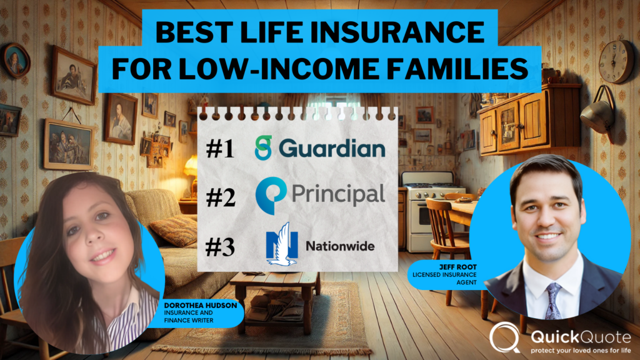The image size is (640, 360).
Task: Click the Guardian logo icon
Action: coord(265,148)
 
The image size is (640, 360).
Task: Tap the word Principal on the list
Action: coord(339,194)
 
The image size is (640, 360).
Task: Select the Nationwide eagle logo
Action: coord(281,244)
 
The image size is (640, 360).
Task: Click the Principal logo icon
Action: coord(271,195)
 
